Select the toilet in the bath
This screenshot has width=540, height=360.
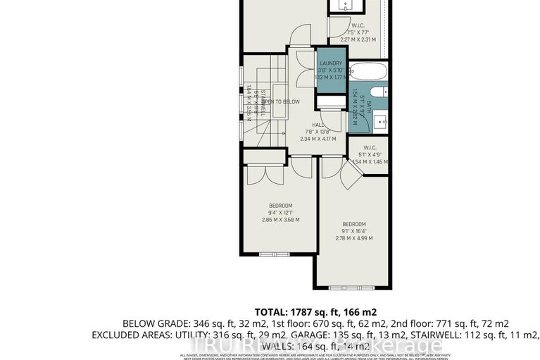pos(377,92)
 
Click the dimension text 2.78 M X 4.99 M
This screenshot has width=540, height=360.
pos(354,240)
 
